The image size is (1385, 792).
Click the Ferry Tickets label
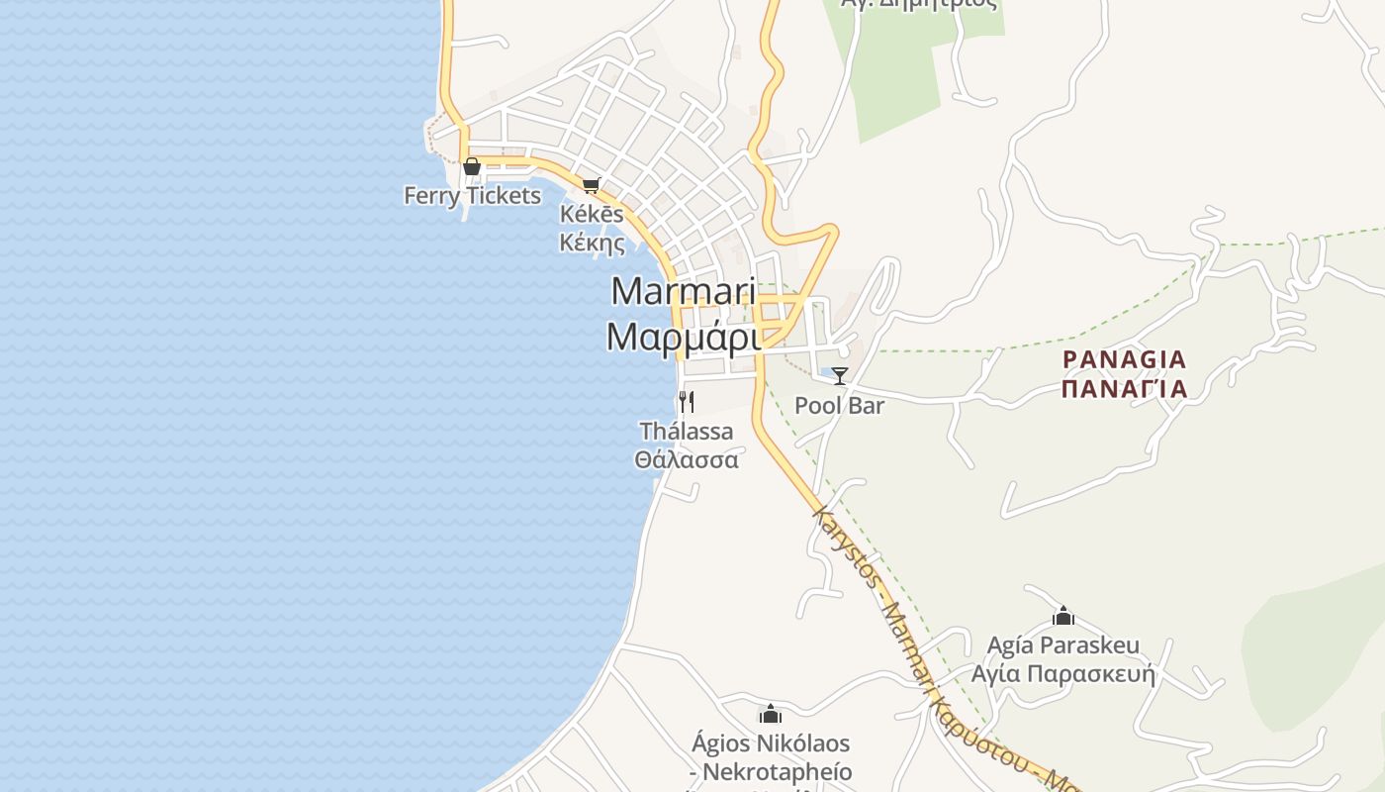coord(472,196)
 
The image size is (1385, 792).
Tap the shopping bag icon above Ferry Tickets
coord(472,166)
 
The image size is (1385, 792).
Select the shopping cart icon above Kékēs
coord(592,185)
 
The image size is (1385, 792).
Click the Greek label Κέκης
coord(592,243)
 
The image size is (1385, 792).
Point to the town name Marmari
coord(684,292)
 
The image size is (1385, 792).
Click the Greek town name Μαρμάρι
coord(684,338)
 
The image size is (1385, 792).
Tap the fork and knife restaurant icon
coord(686,402)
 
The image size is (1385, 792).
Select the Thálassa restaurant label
coord(687,432)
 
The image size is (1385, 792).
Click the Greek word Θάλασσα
coord(687,460)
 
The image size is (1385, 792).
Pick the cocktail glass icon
coord(840,376)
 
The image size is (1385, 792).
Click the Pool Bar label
coord(840,406)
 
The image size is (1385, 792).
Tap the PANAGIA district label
coord(1124,359)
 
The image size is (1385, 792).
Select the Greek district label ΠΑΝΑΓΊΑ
coord(1124,388)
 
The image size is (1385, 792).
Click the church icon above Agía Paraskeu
coord(1063,617)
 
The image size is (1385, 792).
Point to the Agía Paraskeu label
coord(1063,646)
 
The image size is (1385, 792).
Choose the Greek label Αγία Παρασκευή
coord(1063,675)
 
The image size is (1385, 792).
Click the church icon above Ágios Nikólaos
coord(771,714)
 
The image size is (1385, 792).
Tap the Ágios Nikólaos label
coord(771,743)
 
